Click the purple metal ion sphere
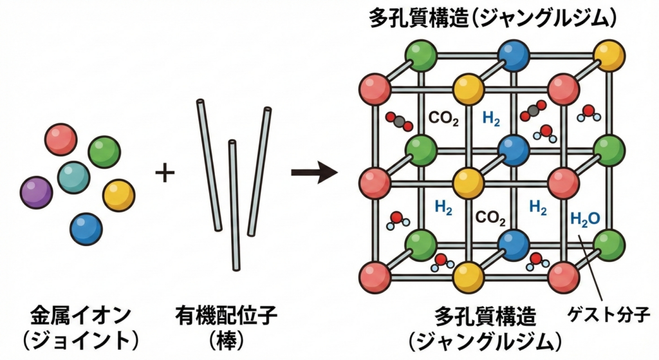point(36,192)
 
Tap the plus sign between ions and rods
point(165,173)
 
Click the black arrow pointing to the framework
point(314,173)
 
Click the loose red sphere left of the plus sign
point(61,140)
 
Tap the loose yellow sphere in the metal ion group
point(119,195)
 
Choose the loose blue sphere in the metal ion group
point(86,228)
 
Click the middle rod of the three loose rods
point(234,205)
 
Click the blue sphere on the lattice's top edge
point(514,55)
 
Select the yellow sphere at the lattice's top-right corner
point(609,55)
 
